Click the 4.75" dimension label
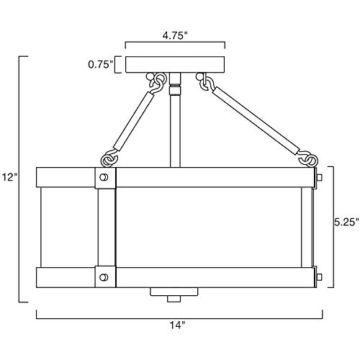(x=174, y=36)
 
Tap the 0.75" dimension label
(x=100, y=64)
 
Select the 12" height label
(x=9, y=177)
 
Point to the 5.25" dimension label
(x=347, y=222)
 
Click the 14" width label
(x=178, y=325)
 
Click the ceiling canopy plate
(x=175, y=64)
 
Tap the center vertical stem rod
(x=175, y=120)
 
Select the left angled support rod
(x=133, y=122)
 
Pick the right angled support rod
(x=256, y=121)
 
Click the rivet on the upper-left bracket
(x=104, y=177)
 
